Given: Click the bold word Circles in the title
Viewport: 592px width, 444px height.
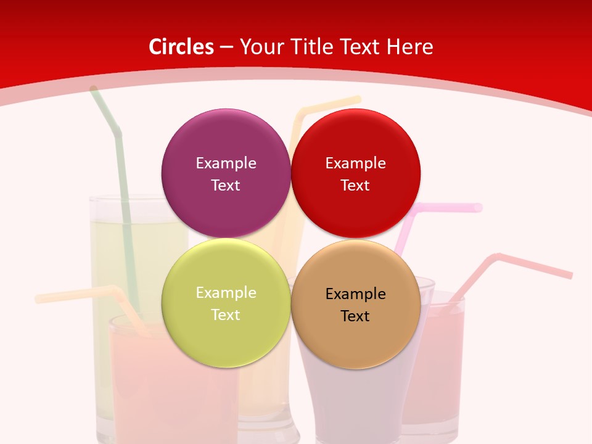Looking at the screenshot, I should pyautogui.click(x=181, y=47).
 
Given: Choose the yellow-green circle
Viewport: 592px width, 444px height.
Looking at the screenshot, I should pyautogui.click(x=226, y=333).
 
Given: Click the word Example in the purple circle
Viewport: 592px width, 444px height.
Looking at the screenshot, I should pyautogui.click(x=226, y=163).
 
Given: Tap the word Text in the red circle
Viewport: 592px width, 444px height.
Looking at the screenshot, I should pyautogui.click(x=356, y=186).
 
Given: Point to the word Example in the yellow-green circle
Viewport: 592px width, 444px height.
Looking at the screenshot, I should pyautogui.click(x=226, y=293).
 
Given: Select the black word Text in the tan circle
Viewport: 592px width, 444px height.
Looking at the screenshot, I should pyautogui.click(x=356, y=316).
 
